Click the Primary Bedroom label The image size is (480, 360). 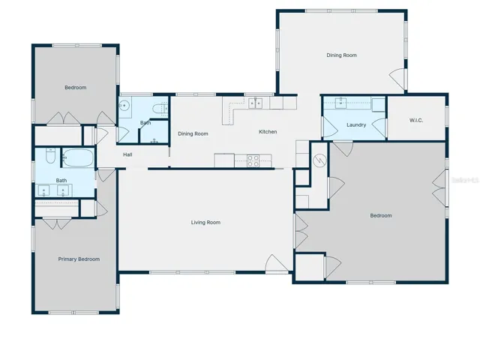(x=79, y=259)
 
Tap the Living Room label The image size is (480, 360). (x=205, y=223)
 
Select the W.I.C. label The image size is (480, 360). (x=416, y=120)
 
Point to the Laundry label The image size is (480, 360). (x=356, y=125)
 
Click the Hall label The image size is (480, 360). (x=127, y=154)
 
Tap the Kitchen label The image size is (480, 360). (x=268, y=132)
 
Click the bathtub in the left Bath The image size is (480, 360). (x=78, y=157)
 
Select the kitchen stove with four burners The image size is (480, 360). (x=253, y=160)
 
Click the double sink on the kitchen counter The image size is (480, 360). (x=255, y=103)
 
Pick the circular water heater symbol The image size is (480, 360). (x=320, y=160)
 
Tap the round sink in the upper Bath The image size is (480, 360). (x=124, y=106)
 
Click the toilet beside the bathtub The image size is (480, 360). (x=50, y=156)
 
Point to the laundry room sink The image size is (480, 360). (x=340, y=103)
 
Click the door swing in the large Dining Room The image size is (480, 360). (x=397, y=79)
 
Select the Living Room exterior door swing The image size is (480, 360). (x=277, y=263)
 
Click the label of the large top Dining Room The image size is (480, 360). (x=342, y=55)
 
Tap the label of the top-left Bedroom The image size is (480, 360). (x=76, y=88)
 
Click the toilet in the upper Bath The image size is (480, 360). (x=160, y=109)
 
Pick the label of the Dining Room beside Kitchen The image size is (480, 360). (x=193, y=133)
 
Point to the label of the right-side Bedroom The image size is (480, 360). (x=381, y=216)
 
